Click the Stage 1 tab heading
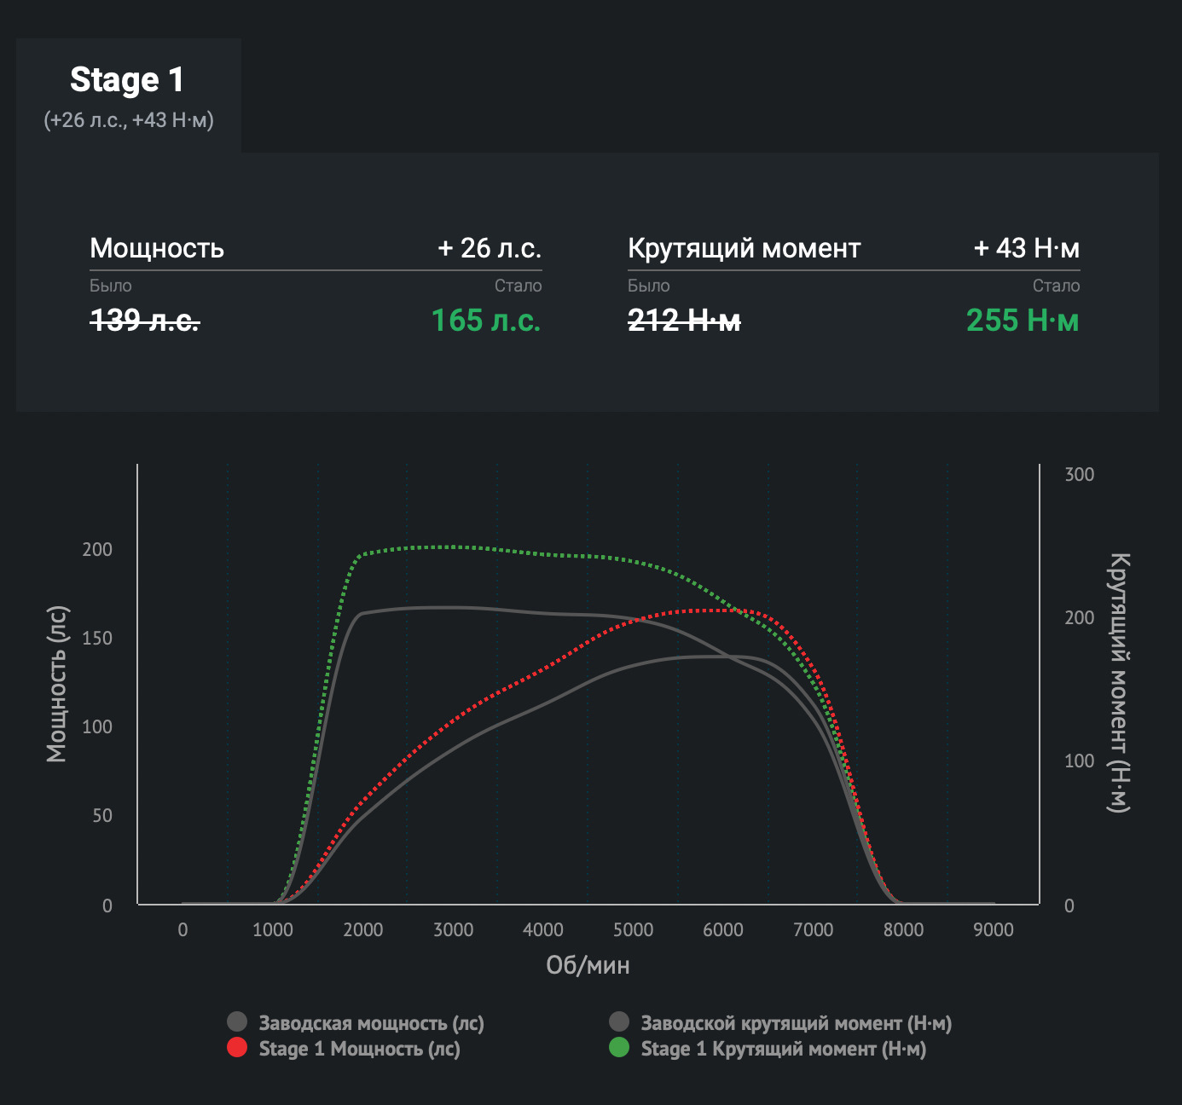pos(127,80)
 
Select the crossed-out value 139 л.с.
pos(145,321)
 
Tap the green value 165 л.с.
pos(486,321)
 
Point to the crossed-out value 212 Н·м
pos(684,321)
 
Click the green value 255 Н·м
pos(1023,321)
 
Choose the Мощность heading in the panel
pos(157,248)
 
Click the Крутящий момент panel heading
pos(744,248)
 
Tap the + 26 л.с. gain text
pos(490,248)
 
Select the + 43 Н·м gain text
pos(1027,248)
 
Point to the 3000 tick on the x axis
pos(453,929)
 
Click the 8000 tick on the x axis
pos(903,929)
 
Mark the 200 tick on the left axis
pos(97,550)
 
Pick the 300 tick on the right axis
pos(1079,475)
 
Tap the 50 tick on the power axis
pos(102,816)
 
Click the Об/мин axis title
pos(588,965)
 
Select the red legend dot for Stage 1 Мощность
pos(237,1047)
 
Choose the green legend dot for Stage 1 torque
pos(619,1047)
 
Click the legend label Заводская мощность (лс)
pos(371,1023)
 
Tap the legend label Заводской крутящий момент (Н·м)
pos(796,1023)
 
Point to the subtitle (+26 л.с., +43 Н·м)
pos(129,120)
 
